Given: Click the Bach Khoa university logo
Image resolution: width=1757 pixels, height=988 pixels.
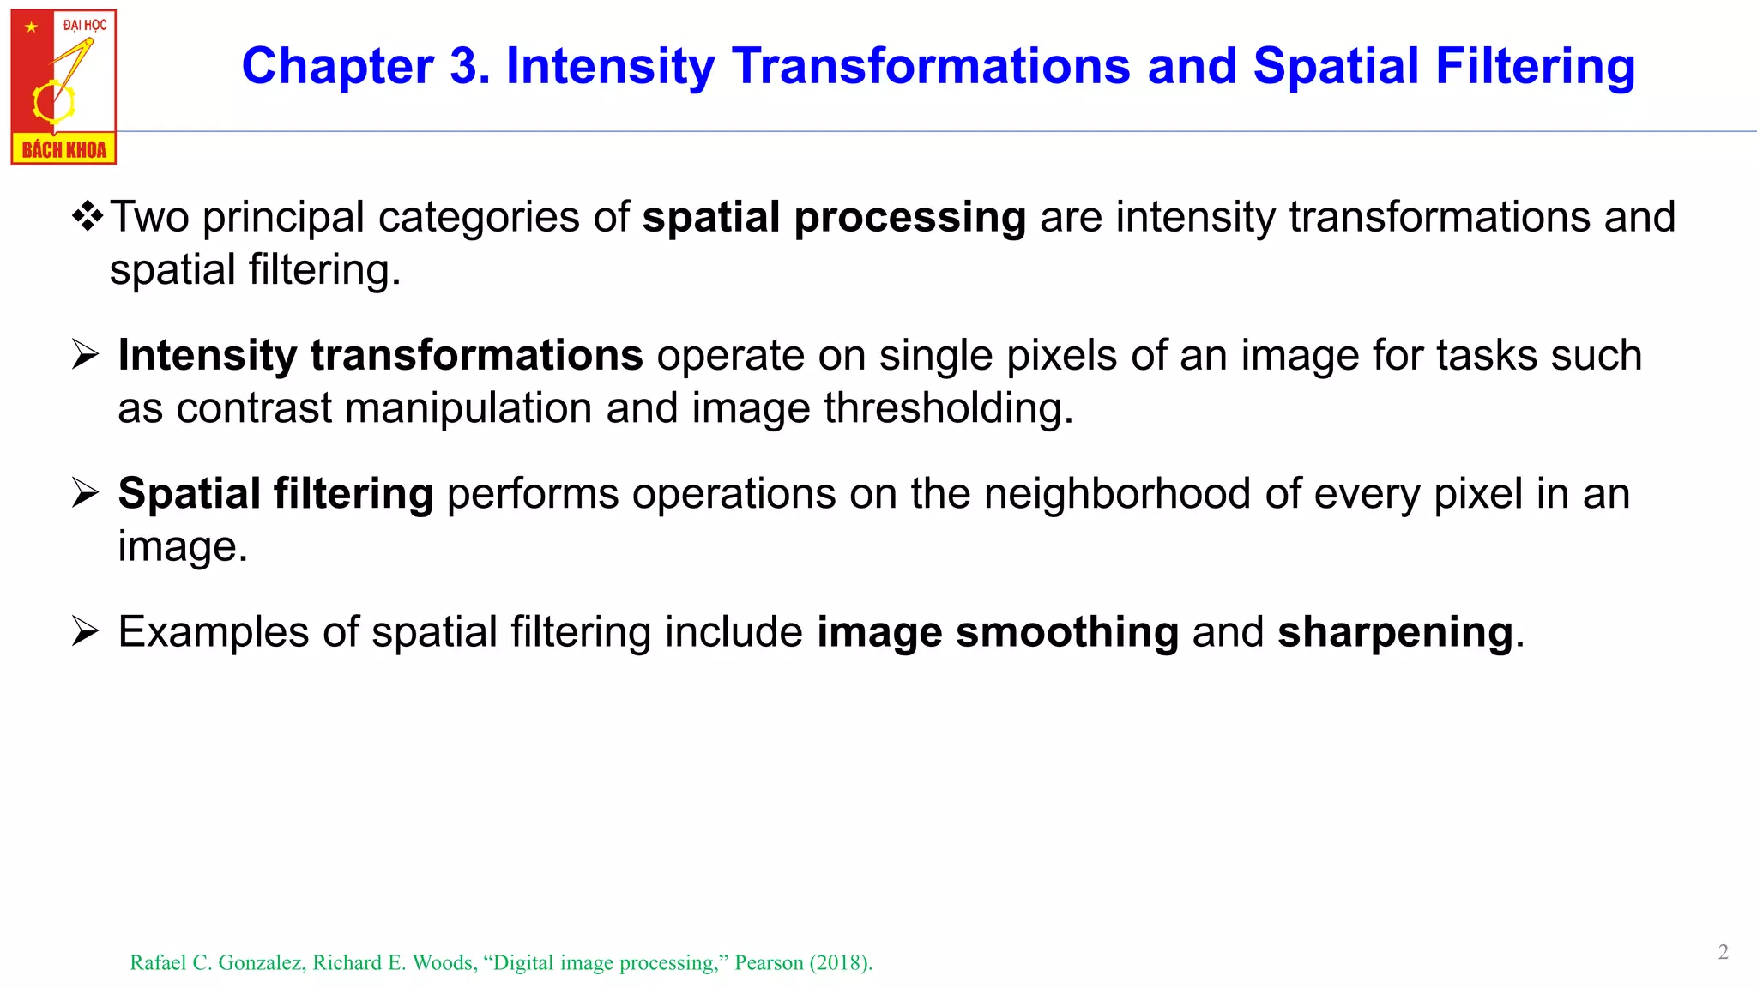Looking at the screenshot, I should (63, 86).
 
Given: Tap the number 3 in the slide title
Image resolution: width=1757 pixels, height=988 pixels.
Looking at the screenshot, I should (468, 67).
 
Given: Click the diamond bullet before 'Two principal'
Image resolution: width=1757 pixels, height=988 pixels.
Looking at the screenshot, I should (88, 216).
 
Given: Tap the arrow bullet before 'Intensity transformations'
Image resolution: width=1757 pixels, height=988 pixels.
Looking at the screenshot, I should (86, 354).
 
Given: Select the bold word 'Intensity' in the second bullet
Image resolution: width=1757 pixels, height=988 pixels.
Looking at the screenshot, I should (207, 356).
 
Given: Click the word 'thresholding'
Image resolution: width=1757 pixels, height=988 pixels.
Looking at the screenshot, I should (948, 409).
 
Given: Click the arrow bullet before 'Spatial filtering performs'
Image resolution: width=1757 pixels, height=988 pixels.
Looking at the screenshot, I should (86, 493).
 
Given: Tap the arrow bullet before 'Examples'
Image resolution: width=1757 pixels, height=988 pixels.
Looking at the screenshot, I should (86, 632).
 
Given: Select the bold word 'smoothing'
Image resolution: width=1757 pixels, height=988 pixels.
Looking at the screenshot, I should (1067, 633).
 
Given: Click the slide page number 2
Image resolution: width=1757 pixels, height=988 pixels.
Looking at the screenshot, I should (1723, 952).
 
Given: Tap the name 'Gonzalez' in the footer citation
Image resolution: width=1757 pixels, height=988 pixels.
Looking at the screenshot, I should (262, 963).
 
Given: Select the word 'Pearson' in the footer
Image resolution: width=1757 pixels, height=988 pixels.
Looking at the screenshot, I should (769, 963).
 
